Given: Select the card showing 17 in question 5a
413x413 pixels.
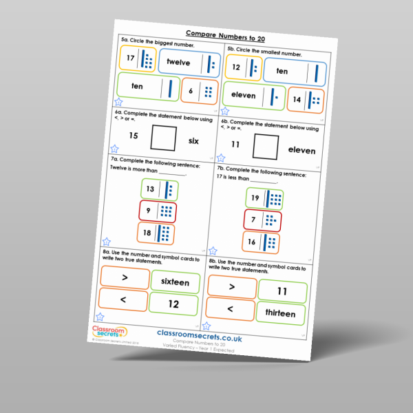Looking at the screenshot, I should click(x=138, y=60).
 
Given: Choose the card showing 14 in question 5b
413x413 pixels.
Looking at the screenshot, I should click(x=304, y=100).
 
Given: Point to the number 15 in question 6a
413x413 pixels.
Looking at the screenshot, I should click(x=134, y=136).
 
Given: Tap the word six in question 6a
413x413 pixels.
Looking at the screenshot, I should click(x=193, y=140).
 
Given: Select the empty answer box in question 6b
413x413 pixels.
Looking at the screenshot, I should click(x=266, y=147).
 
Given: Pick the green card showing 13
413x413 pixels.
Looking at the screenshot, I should click(x=158, y=189).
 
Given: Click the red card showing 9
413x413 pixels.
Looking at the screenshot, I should click(x=157, y=211).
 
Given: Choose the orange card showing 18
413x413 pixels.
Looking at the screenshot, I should click(x=157, y=233).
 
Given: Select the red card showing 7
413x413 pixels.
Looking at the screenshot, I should click(x=262, y=221).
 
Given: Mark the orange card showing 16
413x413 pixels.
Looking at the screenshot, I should click(x=262, y=242).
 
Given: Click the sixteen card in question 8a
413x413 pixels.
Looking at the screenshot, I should click(x=175, y=282).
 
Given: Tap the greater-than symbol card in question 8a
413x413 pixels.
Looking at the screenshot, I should click(x=125, y=277).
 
